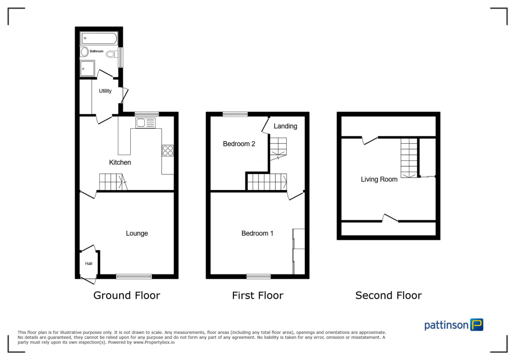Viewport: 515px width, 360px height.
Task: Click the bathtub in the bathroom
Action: click(x=99, y=38)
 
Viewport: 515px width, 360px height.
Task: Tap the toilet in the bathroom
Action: click(x=112, y=53)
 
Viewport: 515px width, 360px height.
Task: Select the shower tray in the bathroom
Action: click(x=88, y=68)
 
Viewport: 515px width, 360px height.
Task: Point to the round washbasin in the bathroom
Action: click(x=84, y=51)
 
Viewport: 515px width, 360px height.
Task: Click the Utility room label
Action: click(x=105, y=91)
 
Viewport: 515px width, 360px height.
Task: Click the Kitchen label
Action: click(x=120, y=162)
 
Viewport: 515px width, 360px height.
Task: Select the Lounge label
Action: click(x=137, y=233)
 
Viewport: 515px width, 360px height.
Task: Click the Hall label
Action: click(x=89, y=263)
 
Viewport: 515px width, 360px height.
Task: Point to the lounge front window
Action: click(x=134, y=276)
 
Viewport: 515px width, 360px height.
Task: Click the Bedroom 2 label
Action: click(x=239, y=144)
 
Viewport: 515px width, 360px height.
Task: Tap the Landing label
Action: click(x=285, y=126)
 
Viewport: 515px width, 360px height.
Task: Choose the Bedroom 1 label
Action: click(x=257, y=233)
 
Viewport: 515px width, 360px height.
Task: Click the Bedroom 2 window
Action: click(x=235, y=114)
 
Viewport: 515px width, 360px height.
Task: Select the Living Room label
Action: click(x=379, y=179)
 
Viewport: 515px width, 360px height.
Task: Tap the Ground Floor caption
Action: click(x=127, y=296)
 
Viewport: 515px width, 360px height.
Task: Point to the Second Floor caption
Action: click(x=388, y=296)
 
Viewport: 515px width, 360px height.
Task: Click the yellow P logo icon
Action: click(x=476, y=324)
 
